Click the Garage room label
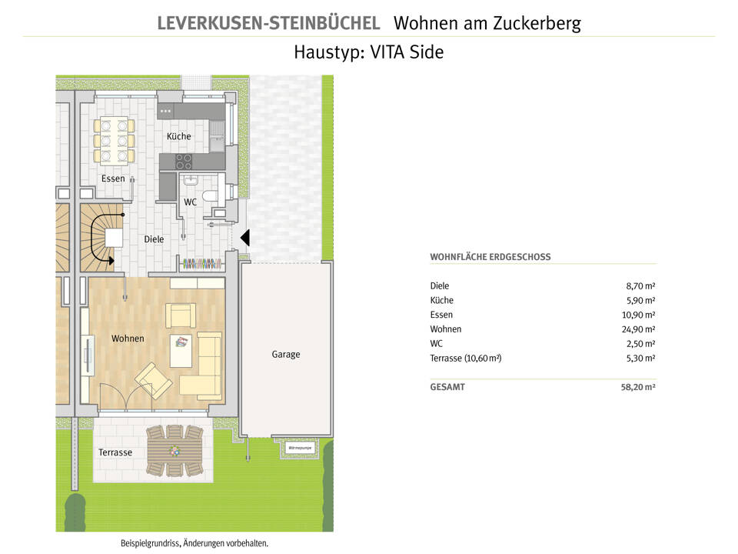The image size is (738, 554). click(x=285, y=355)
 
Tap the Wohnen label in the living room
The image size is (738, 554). click(x=128, y=339)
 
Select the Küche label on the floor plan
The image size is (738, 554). click(x=178, y=136)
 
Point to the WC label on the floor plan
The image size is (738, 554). click(x=190, y=202)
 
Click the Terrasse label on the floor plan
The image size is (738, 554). click(x=115, y=452)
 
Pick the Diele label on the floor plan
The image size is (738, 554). click(x=154, y=239)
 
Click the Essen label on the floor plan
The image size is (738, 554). click(x=113, y=179)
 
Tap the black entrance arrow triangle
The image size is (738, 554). click(x=244, y=239)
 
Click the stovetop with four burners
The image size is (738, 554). click(x=184, y=162)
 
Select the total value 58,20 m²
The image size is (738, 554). click(x=637, y=388)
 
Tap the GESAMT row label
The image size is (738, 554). click(x=447, y=388)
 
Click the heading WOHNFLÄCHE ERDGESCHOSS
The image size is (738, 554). click(x=490, y=257)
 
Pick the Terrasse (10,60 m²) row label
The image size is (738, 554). click(x=466, y=359)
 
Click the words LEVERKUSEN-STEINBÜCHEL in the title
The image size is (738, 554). click(x=268, y=23)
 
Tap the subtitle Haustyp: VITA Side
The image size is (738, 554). click(x=368, y=52)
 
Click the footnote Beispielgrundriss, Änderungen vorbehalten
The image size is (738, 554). click(x=194, y=543)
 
